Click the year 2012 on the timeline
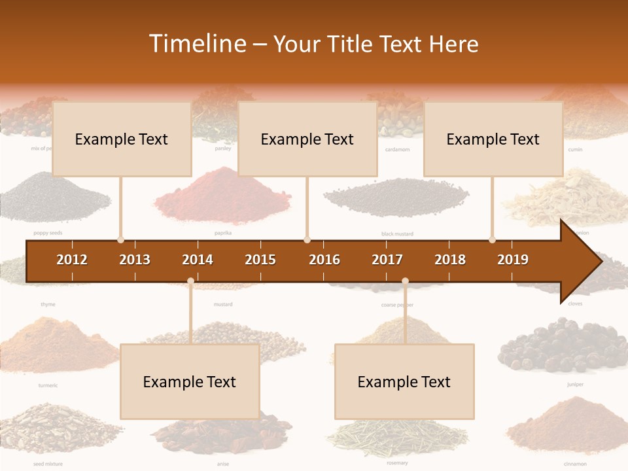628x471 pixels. pos(72,260)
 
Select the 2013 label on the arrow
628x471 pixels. pos(135,260)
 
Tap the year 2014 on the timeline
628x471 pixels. pos(198,260)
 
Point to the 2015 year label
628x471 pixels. pos(260,260)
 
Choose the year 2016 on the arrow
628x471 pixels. pos(324,260)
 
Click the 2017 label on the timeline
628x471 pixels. pos(387,260)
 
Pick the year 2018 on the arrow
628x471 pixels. pos(450,260)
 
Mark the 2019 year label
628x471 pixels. pos(513,260)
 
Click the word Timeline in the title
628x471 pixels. pos(196,44)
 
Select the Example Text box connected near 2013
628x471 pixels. pos(122,139)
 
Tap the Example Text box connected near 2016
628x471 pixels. pos(307,139)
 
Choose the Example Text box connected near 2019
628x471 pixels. pos(493,139)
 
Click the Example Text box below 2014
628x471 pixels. pos(190,381)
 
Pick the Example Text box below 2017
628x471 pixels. pos(404,381)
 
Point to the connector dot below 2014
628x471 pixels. pos(190,281)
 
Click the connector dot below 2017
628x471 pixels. pos(405,281)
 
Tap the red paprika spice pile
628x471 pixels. pos(222,196)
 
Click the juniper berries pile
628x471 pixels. pos(563,343)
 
